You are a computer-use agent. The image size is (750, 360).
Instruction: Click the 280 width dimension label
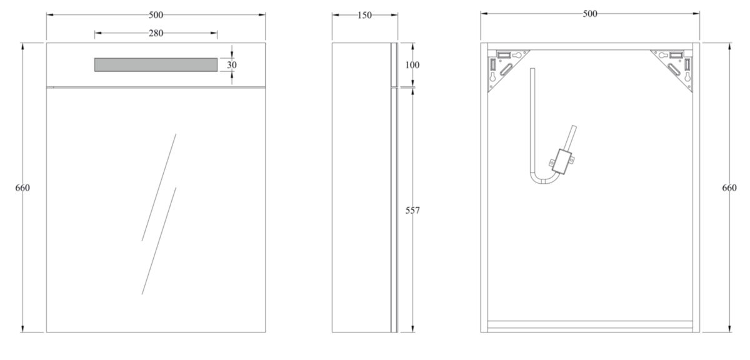[x=156, y=33]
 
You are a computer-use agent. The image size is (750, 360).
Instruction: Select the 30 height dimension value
[x=232, y=64]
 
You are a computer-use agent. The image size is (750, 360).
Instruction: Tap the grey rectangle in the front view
[x=156, y=64]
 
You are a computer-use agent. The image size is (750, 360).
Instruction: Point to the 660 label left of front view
[x=22, y=187]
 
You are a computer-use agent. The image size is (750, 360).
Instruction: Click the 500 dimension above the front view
[x=156, y=14]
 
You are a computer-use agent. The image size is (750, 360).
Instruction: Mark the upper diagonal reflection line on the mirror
[x=159, y=186]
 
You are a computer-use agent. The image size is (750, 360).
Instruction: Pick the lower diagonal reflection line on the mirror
[x=159, y=241]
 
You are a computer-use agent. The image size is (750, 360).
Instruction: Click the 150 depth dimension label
[x=364, y=15]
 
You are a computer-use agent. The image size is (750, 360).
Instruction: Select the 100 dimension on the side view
[x=412, y=64]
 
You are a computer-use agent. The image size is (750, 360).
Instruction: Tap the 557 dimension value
[x=412, y=211]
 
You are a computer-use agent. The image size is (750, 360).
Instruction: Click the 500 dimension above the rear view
[x=589, y=14]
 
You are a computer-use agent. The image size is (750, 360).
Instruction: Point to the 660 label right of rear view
[x=729, y=187]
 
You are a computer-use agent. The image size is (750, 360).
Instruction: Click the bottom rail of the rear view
[x=589, y=324]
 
